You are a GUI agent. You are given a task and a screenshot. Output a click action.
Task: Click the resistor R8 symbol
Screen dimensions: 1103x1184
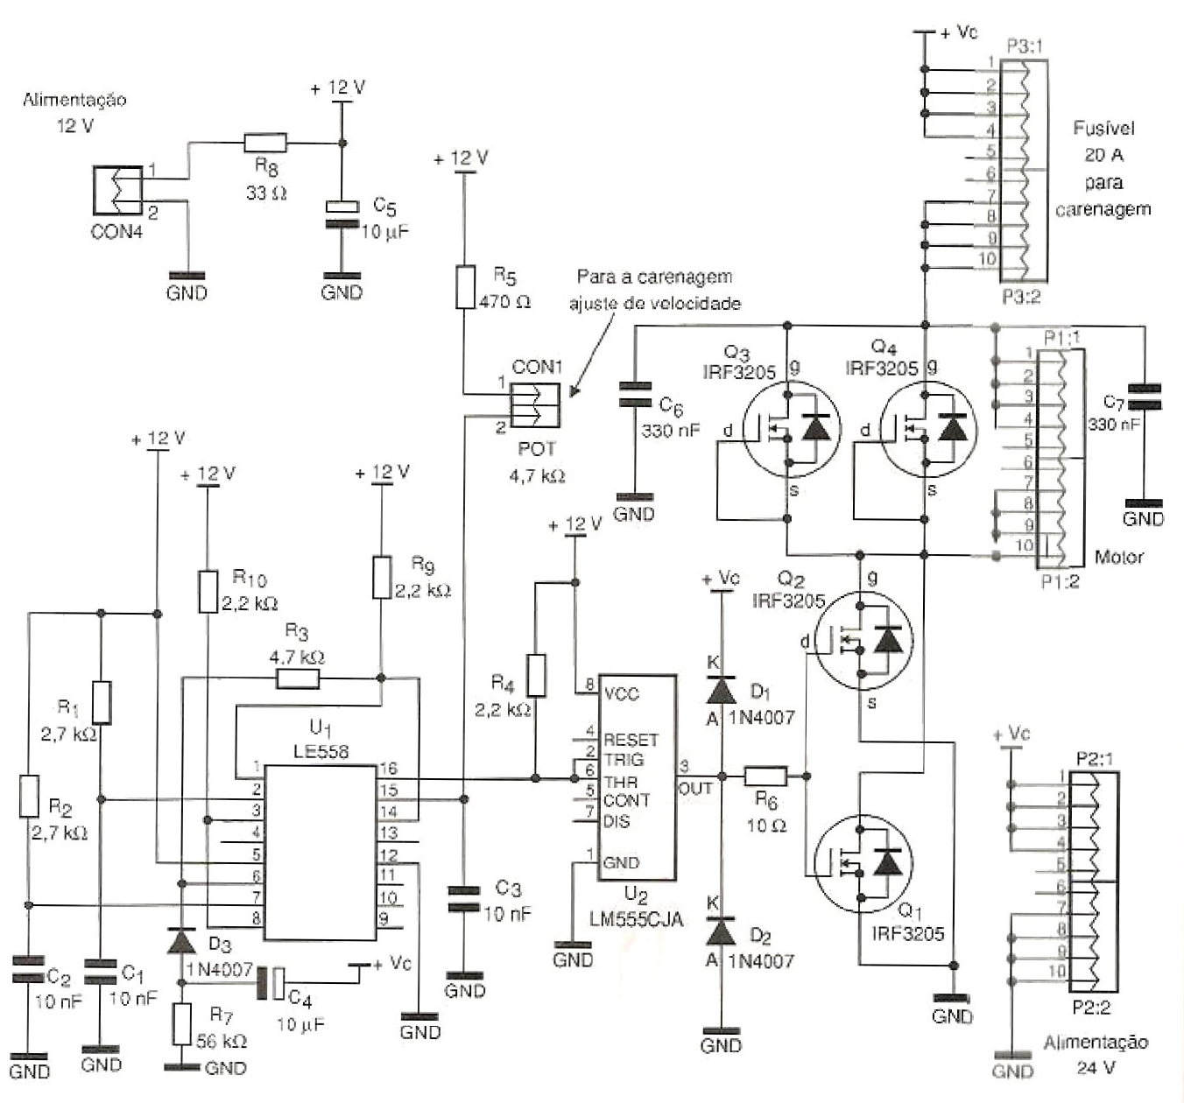click(x=264, y=143)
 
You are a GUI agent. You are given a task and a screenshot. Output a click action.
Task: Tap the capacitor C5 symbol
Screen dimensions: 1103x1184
click(x=342, y=215)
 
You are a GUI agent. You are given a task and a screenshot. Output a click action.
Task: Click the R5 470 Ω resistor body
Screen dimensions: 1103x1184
click(x=466, y=287)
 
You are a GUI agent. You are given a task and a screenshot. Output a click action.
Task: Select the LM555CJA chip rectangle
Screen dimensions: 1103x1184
click(x=637, y=777)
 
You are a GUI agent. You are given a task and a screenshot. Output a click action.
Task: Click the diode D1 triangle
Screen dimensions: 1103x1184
click(x=721, y=691)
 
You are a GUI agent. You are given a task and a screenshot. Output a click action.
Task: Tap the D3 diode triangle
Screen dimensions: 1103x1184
click(x=181, y=942)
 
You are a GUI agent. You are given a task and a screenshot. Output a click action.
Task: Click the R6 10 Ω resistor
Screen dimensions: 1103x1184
click(x=765, y=776)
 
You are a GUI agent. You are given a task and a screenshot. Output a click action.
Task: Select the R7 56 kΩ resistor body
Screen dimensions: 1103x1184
click(x=181, y=1024)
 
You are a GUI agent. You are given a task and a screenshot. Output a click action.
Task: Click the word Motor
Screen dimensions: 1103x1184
click(x=1118, y=557)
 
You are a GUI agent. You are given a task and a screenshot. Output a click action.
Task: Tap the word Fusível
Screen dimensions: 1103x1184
click(x=1103, y=129)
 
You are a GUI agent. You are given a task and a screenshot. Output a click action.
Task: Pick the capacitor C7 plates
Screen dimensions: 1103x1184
click(x=1144, y=397)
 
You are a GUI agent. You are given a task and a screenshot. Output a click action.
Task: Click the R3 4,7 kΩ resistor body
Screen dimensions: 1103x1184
click(x=298, y=678)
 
